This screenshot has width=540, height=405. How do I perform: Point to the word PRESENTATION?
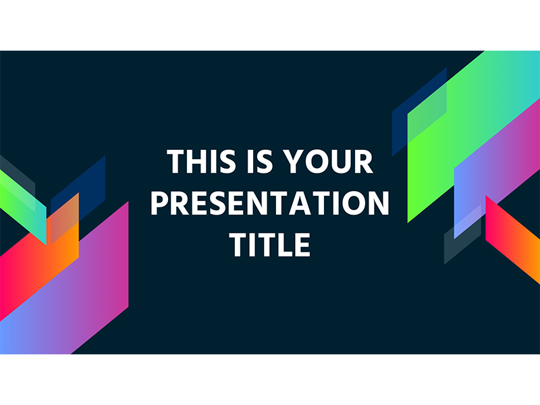(270, 203)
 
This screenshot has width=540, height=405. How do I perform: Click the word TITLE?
(270, 244)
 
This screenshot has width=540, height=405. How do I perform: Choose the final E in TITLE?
(302, 244)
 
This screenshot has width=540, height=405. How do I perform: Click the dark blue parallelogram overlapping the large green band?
(419, 112)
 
